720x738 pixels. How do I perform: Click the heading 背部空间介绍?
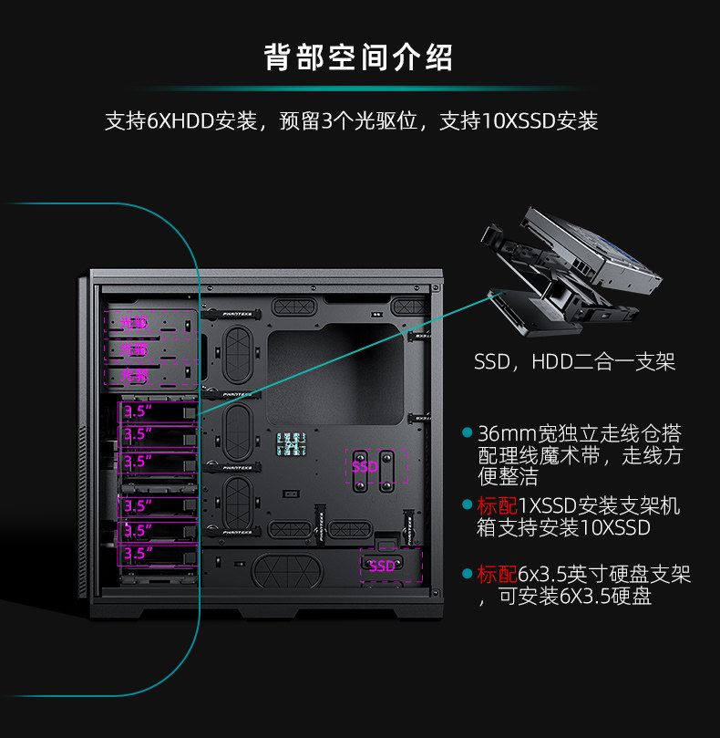(x=359, y=58)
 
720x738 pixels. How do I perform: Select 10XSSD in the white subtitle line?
(x=516, y=121)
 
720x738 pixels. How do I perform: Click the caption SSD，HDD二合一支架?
(x=574, y=362)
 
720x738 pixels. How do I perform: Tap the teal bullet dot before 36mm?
(x=468, y=432)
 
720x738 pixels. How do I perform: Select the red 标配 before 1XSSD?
(x=497, y=506)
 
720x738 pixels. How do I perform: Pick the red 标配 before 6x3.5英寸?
(x=497, y=575)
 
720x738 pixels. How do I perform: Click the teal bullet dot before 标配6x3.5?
(x=468, y=575)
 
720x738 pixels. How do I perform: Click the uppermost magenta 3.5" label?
(x=138, y=411)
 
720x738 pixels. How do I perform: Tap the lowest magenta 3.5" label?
(x=138, y=554)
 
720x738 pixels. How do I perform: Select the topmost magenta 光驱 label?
(x=134, y=323)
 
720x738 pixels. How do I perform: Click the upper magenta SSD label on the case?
(x=365, y=467)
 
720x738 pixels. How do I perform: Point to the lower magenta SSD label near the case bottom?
(x=382, y=566)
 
